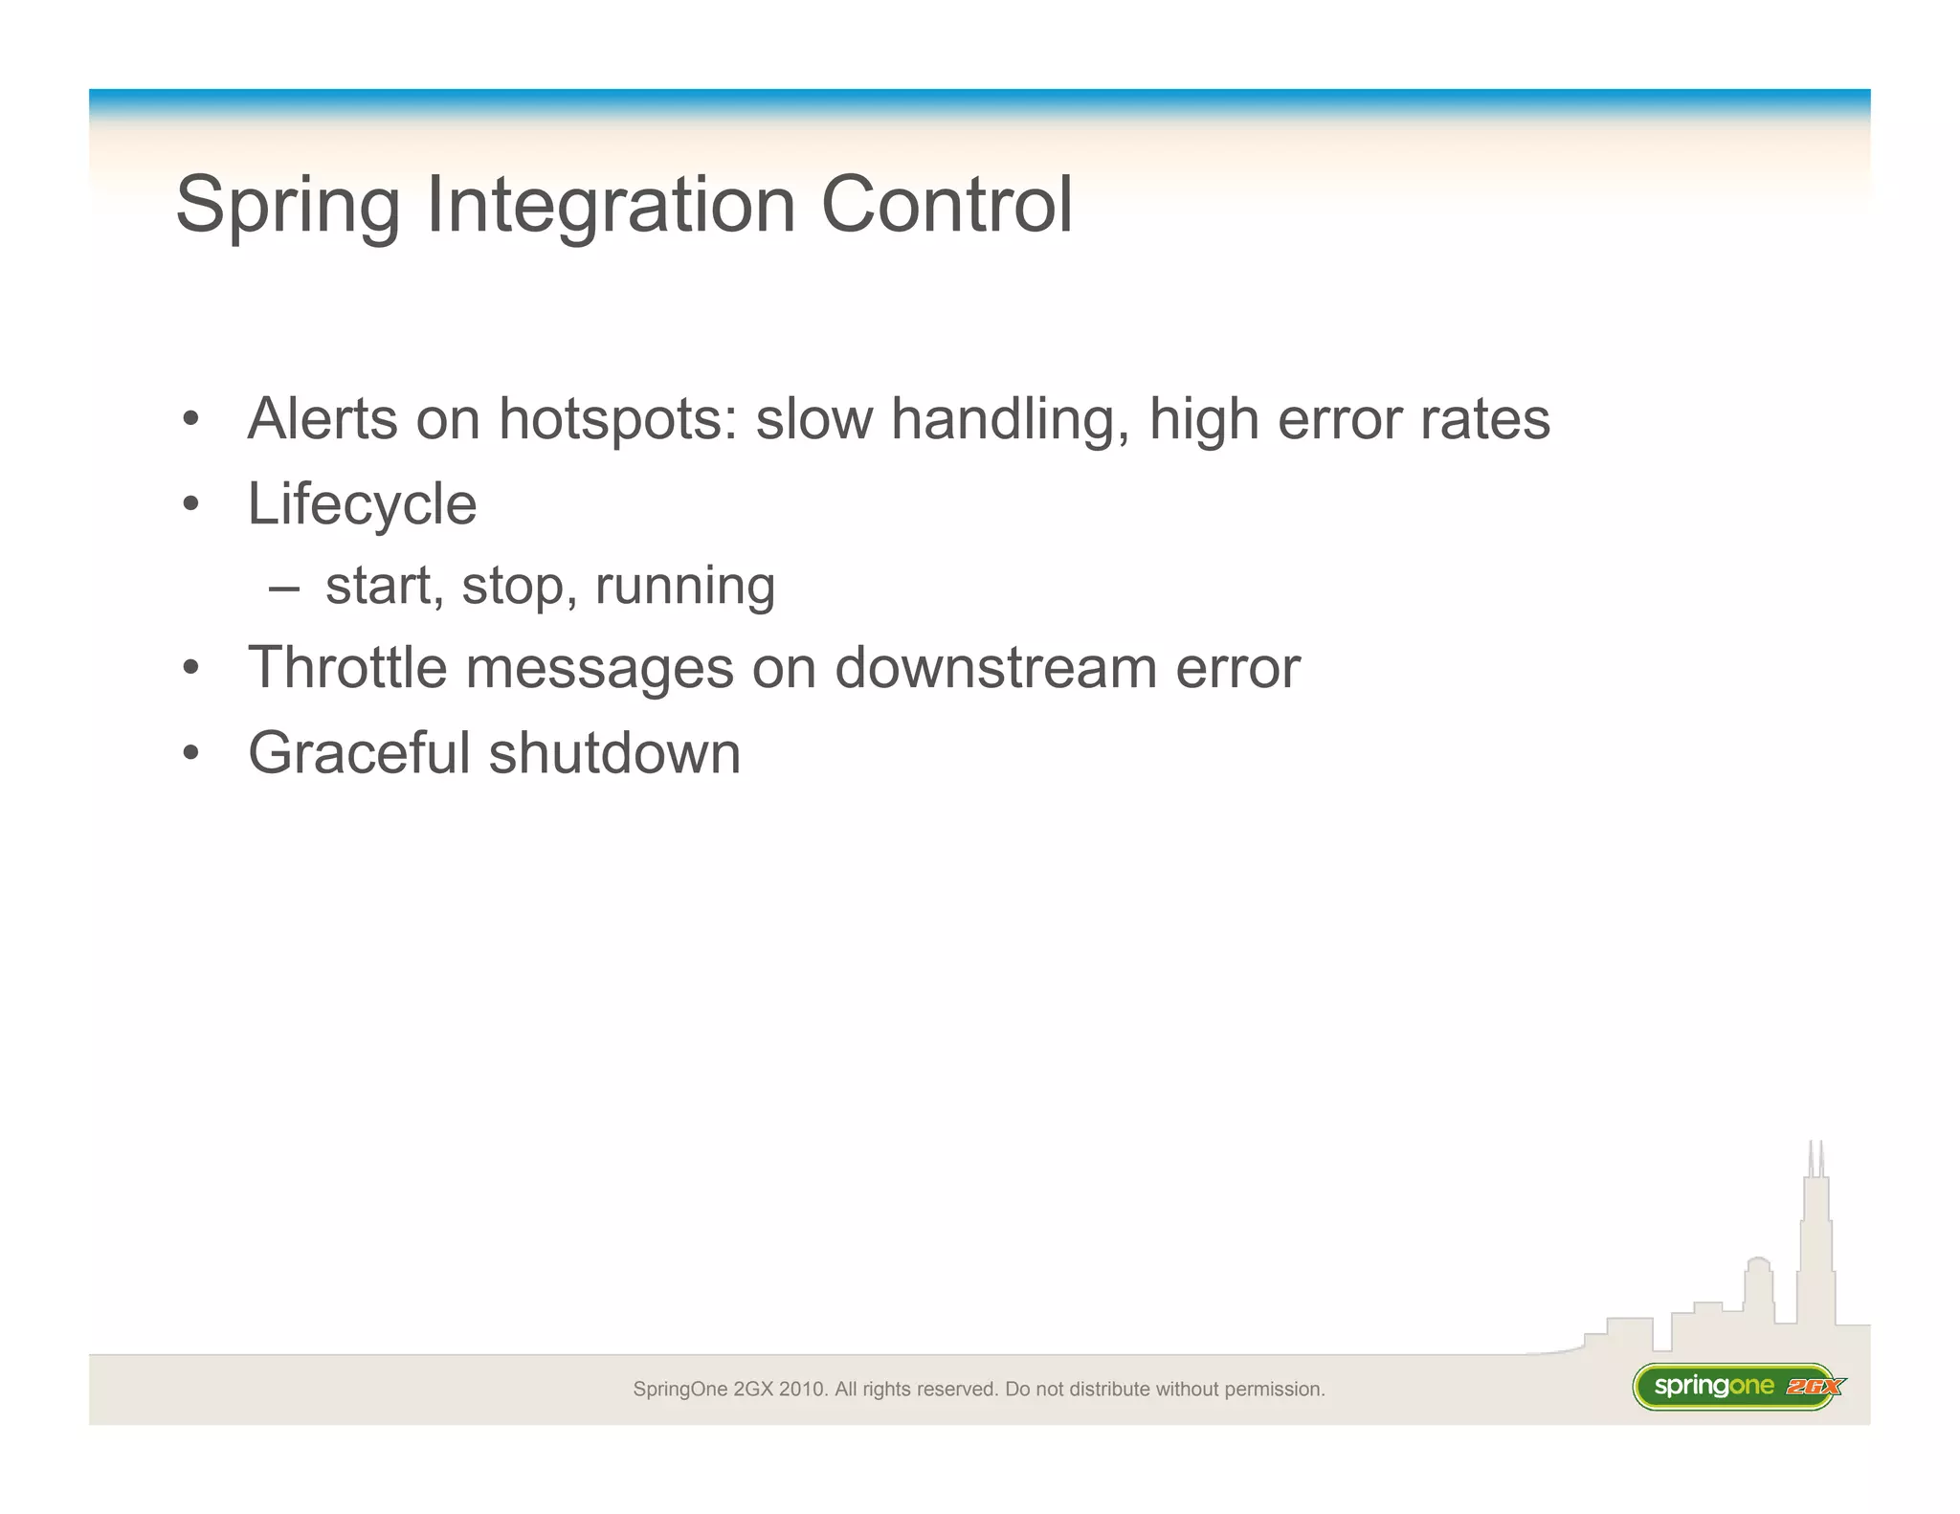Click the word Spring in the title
pyautogui.click(x=287, y=206)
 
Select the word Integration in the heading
pyautogui.click(x=611, y=206)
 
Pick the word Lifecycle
pyautogui.click(x=362, y=504)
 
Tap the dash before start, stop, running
pyautogui.click(x=284, y=587)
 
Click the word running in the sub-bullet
pyautogui.click(x=684, y=587)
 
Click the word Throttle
pyautogui.click(x=347, y=667)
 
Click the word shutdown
pyautogui.click(x=614, y=753)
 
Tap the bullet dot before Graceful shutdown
pyautogui.click(x=191, y=753)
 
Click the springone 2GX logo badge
pyautogui.click(x=1737, y=1387)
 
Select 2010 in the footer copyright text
pyautogui.click(x=802, y=1390)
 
